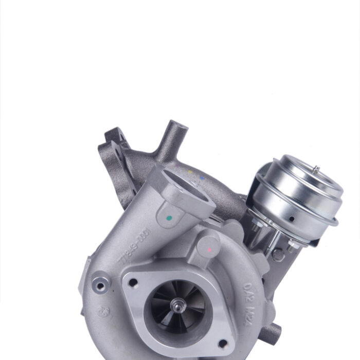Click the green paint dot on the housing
pyautogui.click(x=170, y=218)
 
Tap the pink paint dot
pyautogui.click(x=209, y=250)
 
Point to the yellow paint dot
pyautogui.click(x=190, y=172)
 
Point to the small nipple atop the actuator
pyautogui.click(x=317, y=169)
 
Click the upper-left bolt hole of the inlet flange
pyautogui.click(x=133, y=282)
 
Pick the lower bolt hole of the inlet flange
pyautogui.click(x=222, y=344)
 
